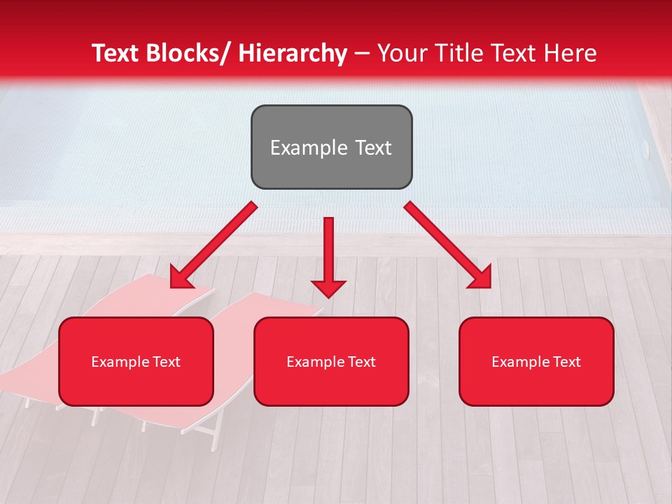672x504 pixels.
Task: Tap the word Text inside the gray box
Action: (373, 148)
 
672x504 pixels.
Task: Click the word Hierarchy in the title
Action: (293, 53)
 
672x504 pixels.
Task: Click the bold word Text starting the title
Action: (115, 53)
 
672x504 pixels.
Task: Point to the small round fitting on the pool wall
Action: (646, 148)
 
